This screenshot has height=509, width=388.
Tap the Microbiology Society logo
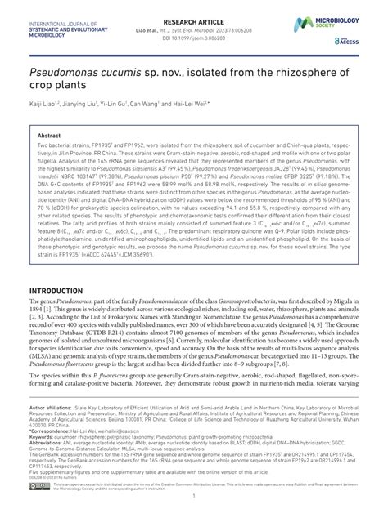(340, 15)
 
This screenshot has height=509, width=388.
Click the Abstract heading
(49, 136)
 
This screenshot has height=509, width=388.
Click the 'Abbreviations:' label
(46, 439)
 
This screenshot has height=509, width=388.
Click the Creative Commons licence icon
(39, 487)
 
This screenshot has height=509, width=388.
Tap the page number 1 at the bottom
(193, 501)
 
